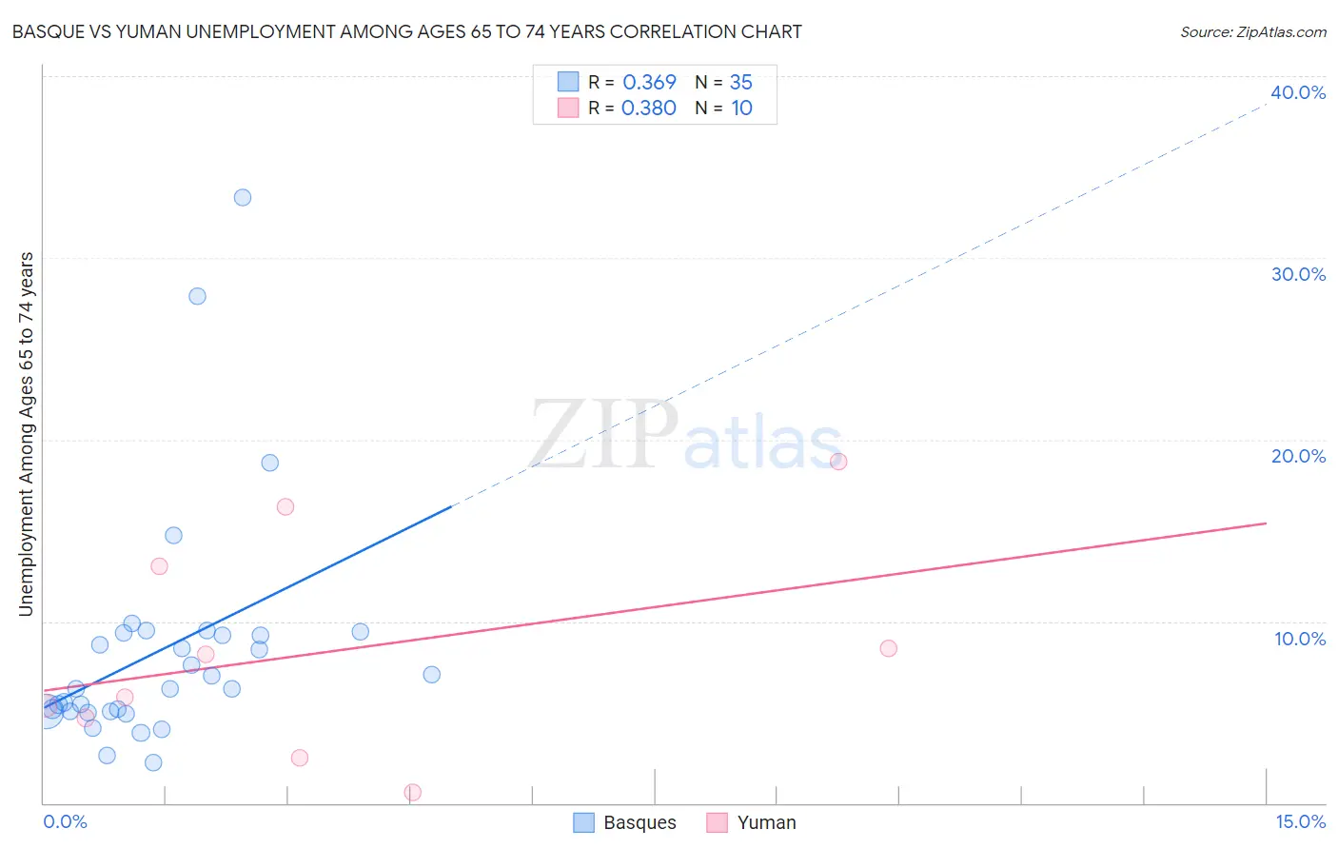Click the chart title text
[406, 31]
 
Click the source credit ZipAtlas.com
[1252, 31]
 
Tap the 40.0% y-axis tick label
[1297, 92]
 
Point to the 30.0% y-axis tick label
[1297, 274]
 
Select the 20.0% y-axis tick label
[1297, 456]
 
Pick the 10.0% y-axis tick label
[1299, 639]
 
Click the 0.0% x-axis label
[65, 821]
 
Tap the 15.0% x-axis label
[1299, 821]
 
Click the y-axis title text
[26, 433]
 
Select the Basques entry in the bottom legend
[639, 822]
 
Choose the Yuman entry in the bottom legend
[766, 822]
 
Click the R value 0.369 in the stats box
[649, 82]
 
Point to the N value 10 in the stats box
[741, 108]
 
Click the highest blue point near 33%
[243, 198]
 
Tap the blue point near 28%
[197, 296]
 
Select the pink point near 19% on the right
[838, 462]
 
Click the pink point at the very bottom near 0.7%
[412, 792]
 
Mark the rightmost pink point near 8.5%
[888, 648]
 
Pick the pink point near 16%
[285, 506]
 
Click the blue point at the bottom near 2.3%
[153, 762]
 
